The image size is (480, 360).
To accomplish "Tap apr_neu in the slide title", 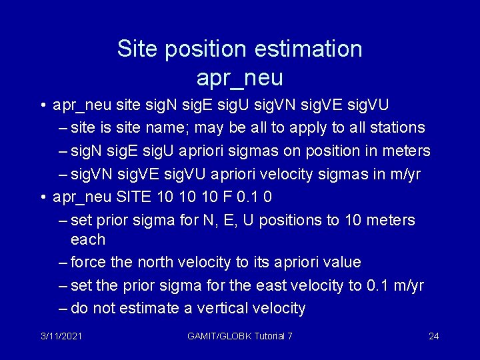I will point(240,78).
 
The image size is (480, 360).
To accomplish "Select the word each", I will point(88,239).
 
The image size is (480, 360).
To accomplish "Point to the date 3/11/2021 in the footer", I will point(61,336).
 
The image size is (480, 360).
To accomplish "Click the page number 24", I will point(433,336).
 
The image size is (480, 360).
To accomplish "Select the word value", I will point(339,262).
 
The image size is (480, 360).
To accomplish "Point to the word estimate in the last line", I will point(145,308).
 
